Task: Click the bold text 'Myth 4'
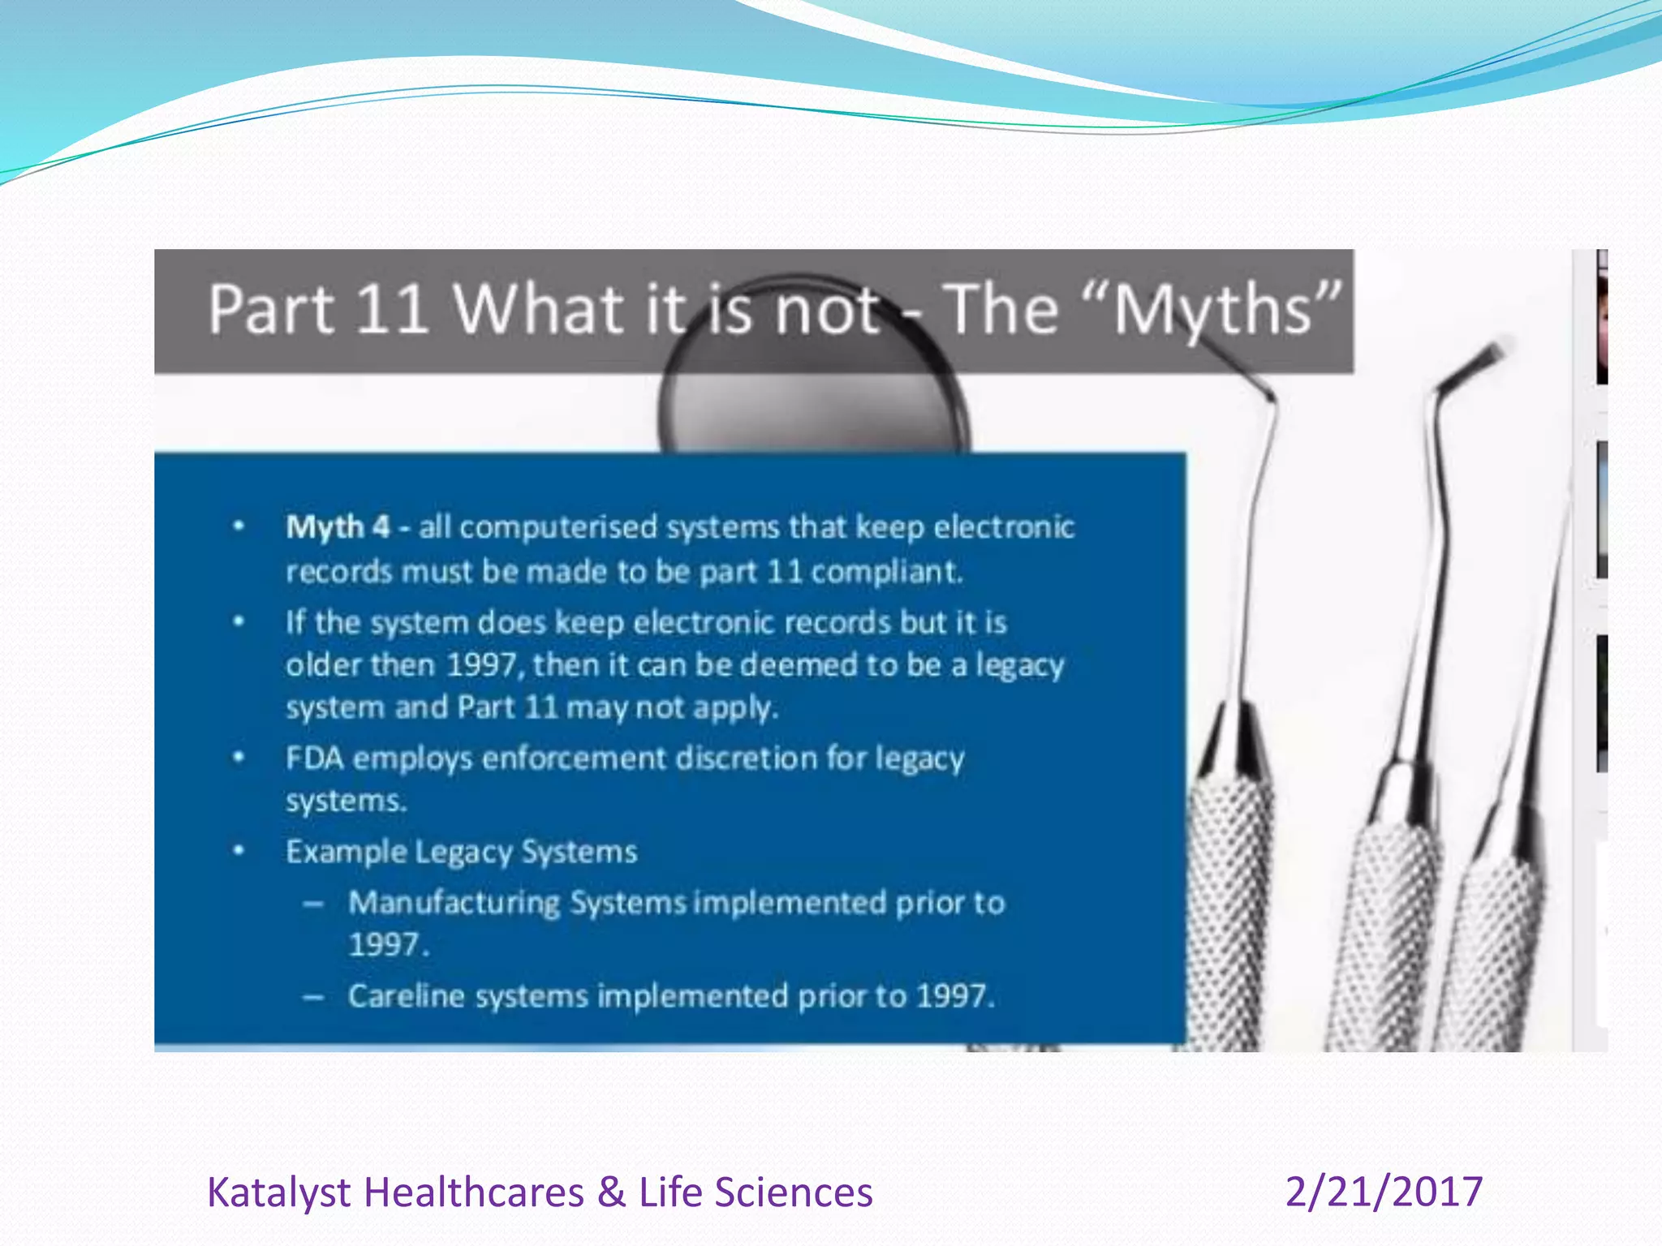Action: (x=338, y=527)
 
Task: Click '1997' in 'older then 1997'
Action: (x=482, y=665)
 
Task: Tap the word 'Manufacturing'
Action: (x=454, y=903)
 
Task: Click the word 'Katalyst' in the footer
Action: (x=278, y=1192)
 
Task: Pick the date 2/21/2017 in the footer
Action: (x=1384, y=1192)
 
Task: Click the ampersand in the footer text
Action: (x=611, y=1192)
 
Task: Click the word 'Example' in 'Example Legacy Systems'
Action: (x=346, y=853)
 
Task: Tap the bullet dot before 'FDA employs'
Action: (x=239, y=758)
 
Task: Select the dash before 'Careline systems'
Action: (x=314, y=996)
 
